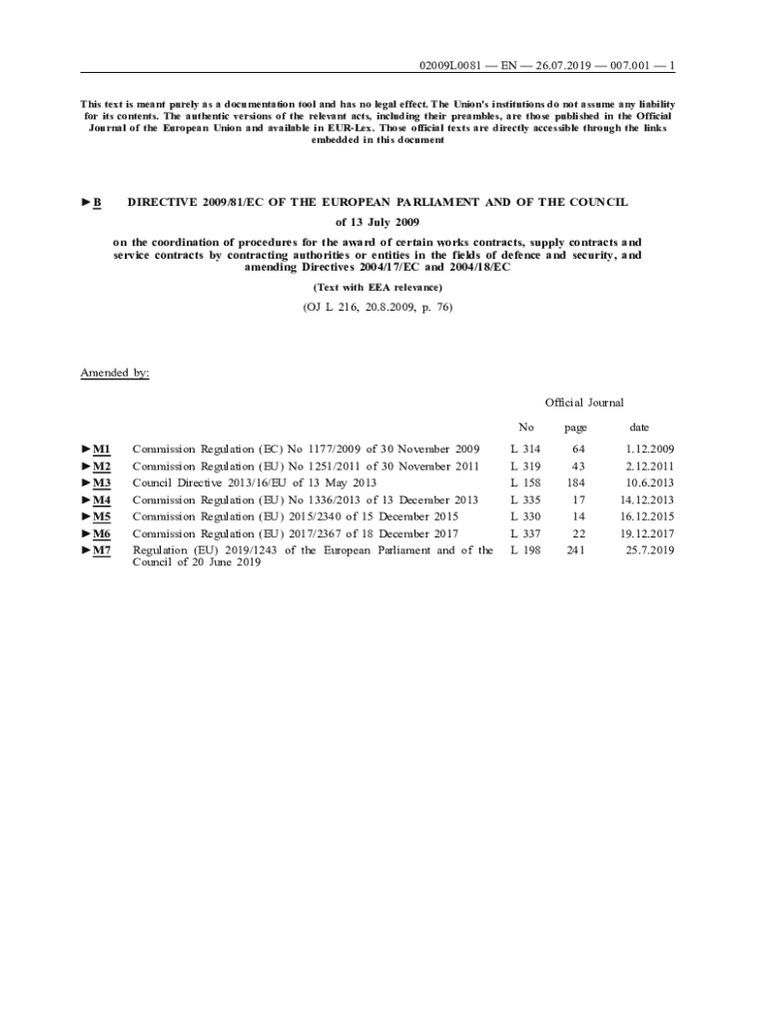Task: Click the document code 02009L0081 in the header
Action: pos(451,66)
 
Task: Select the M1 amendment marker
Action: pos(101,450)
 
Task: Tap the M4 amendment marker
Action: pos(101,500)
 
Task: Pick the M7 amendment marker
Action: pos(101,550)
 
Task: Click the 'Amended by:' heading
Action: pos(115,373)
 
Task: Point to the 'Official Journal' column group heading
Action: pos(584,403)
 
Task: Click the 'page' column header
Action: pos(575,427)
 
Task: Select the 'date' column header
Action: pos(639,427)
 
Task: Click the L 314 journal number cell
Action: pos(525,450)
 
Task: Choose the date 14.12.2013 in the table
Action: pos(647,500)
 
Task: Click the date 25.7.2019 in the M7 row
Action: pos(650,550)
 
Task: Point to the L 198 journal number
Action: pos(525,550)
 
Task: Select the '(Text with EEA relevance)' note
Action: pos(377,288)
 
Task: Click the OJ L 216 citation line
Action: pos(377,308)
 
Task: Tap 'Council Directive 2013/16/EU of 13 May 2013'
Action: pos(255,483)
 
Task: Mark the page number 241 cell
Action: pos(575,550)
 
